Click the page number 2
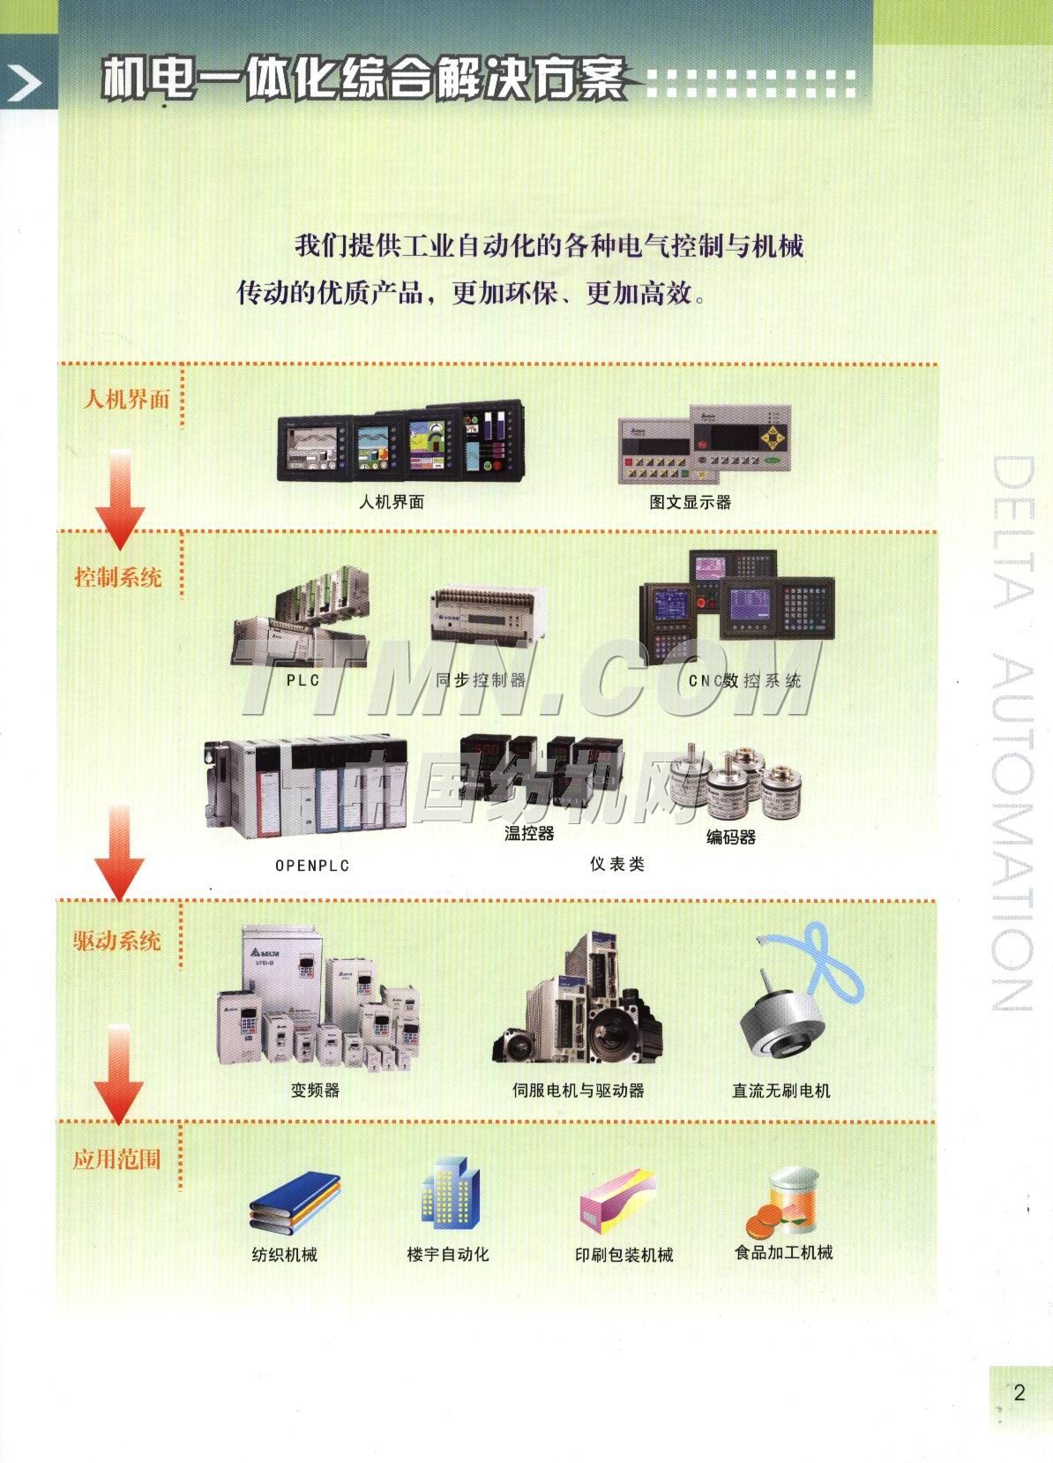pyautogui.click(x=1019, y=1392)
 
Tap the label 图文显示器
pyautogui.click(x=691, y=502)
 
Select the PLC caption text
pyautogui.click(x=302, y=680)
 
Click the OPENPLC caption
pyautogui.click(x=312, y=866)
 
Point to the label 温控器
pyautogui.click(x=529, y=833)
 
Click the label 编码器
pyautogui.click(x=731, y=837)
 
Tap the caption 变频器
pyautogui.click(x=315, y=1090)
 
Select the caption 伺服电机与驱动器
pyautogui.click(x=579, y=1090)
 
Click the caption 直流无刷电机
pyautogui.click(x=781, y=1091)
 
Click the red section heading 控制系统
pyautogui.click(x=118, y=578)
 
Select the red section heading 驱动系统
pyautogui.click(x=117, y=941)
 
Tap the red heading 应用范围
pyautogui.click(x=117, y=1159)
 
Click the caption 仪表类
pyautogui.click(x=617, y=864)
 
